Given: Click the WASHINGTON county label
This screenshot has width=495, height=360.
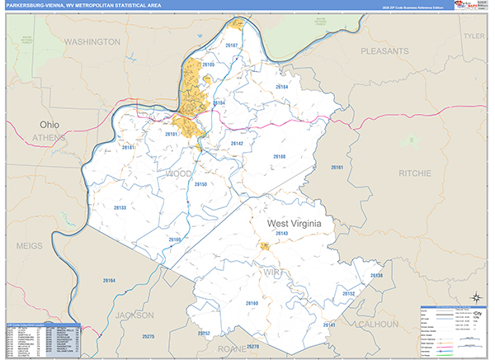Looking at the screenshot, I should coord(92,41).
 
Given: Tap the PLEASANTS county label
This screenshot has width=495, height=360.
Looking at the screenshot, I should coord(384,50).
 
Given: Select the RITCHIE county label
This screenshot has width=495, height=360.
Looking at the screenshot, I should coord(413,173).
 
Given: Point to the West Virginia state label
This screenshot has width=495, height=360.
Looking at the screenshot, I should coord(293,223).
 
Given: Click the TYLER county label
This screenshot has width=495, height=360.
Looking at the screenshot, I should coord(474,36).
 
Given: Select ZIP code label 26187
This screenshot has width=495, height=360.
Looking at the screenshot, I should coord(232,45).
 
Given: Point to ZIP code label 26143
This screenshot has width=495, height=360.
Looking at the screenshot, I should coord(282,234).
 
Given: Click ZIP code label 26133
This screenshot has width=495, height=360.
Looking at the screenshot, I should coord(120,208).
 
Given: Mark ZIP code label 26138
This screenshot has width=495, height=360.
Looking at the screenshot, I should coord(376,275).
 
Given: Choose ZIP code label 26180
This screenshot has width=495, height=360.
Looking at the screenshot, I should coord(279,156).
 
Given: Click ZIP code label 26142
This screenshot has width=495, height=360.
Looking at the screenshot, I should coord(238,143).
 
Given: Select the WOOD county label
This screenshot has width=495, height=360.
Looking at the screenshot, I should coord(179,173).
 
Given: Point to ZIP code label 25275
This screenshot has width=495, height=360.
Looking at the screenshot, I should coord(148,337).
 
